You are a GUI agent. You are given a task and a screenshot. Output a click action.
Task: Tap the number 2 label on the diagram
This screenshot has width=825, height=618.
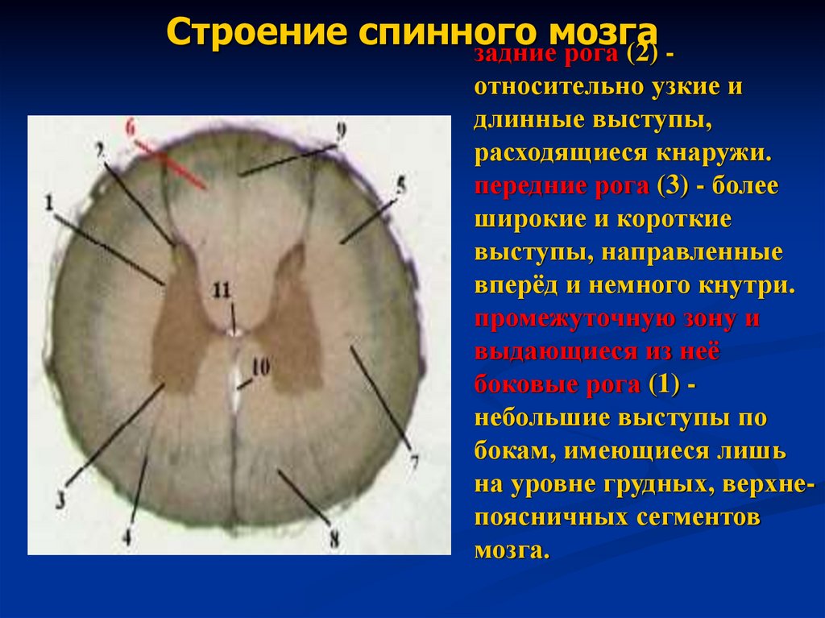point(99,151)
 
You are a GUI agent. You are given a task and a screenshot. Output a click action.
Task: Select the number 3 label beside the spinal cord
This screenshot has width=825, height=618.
point(61,499)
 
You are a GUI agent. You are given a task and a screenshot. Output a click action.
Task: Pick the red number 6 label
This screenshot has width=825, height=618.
point(131,126)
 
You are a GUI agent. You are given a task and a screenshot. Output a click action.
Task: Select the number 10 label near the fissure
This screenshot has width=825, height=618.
point(259,367)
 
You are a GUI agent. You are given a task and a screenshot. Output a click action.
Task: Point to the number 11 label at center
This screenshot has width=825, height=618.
point(221,288)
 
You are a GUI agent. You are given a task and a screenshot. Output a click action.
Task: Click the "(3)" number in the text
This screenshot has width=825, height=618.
point(672,187)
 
